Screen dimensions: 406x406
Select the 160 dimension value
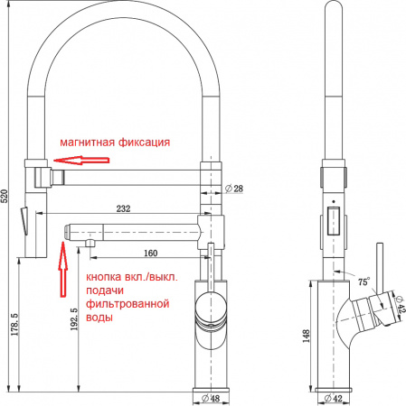[149, 253]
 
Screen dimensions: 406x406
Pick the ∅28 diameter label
[232, 189]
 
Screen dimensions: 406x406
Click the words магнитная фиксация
[115, 143]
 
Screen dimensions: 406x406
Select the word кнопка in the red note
[104, 277]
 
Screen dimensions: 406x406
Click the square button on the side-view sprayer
[334, 221]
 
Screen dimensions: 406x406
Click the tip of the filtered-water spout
[68, 231]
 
